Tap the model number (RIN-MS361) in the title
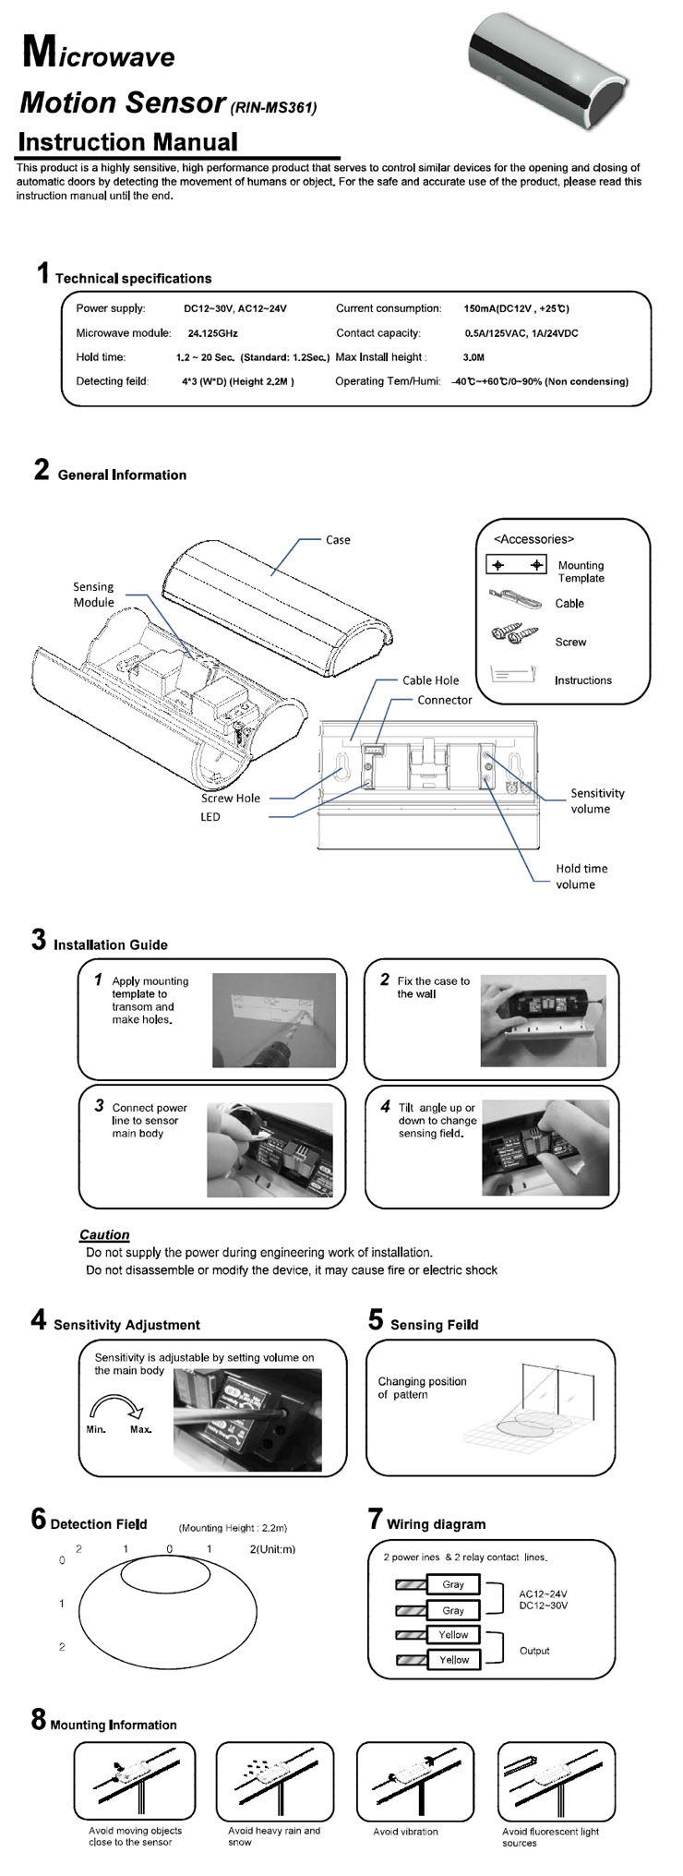click(x=273, y=108)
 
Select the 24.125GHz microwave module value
click(x=212, y=333)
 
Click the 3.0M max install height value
click(x=473, y=357)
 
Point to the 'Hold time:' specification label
click(x=101, y=357)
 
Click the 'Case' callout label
click(x=338, y=540)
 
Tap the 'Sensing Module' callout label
click(x=94, y=595)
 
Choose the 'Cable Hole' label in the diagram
click(x=430, y=680)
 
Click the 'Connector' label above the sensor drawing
click(x=444, y=700)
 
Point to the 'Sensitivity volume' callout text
click(x=596, y=800)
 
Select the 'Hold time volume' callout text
click(x=581, y=876)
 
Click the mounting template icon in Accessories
click(x=516, y=565)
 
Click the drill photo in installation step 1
click(x=274, y=1019)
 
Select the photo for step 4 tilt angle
click(x=545, y=1148)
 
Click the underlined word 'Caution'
click(x=104, y=1234)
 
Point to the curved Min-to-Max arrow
click(x=116, y=1408)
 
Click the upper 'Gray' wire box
click(x=453, y=1584)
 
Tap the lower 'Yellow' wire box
click(x=453, y=1659)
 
